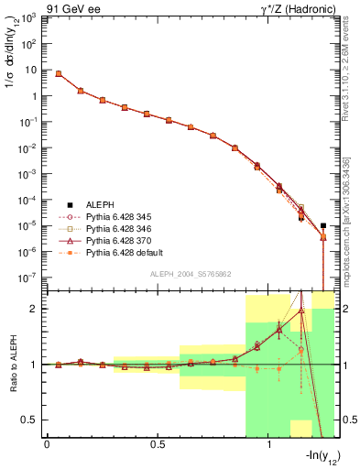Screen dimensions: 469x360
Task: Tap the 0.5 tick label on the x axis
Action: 158,445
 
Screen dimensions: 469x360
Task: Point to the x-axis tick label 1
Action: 268,445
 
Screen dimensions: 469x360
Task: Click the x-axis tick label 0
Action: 47,445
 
